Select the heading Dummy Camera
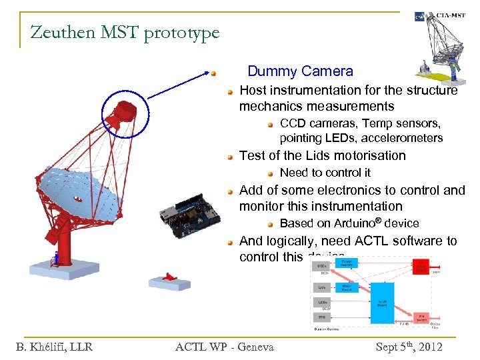[300, 71]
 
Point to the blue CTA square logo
[419, 17]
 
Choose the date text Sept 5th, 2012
[409, 346]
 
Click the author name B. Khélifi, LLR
[54, 346]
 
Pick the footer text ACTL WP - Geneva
[224, 346]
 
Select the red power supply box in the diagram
[421, 267]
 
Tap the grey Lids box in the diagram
[323, 287]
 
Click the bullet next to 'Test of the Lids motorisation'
[229, 157]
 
